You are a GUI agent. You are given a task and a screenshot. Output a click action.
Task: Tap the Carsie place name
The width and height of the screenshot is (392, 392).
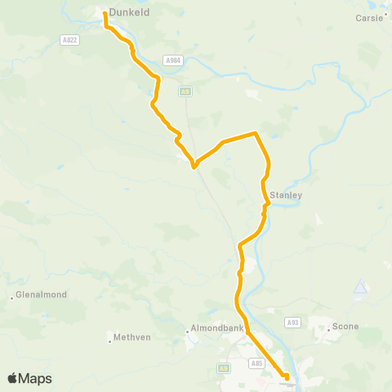[369, 17]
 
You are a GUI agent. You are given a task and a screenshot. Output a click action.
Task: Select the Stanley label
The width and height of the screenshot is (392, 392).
[286, 196]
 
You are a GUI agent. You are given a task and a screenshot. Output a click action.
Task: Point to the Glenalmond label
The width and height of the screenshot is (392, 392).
[42, 295]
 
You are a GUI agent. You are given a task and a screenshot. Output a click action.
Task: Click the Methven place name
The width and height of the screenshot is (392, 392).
[131, 336]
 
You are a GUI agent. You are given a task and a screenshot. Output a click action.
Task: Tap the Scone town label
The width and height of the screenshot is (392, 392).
[344, 327]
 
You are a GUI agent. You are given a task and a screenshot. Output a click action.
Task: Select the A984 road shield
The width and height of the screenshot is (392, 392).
[171, 60]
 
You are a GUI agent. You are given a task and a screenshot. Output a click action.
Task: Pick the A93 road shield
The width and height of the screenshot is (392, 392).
[292, 323]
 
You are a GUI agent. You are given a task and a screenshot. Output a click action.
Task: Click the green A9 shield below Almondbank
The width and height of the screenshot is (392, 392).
[223, 368]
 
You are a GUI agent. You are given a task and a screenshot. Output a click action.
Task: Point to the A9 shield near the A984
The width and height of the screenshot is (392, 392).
[186, 91]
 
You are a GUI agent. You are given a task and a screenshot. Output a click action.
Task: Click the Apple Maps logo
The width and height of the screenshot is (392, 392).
[29, 378]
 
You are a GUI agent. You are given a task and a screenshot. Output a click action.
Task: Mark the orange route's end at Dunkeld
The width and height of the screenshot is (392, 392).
[105, 13]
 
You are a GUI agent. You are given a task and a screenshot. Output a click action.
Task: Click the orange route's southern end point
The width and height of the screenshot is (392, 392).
[286, 376]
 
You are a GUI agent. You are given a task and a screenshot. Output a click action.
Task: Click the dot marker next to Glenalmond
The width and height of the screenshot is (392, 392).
[11, 297]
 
